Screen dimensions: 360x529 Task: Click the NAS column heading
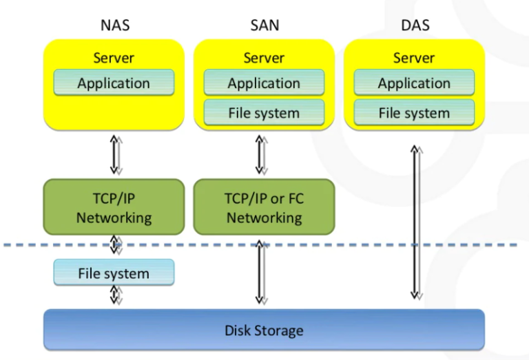[x=114, y=26]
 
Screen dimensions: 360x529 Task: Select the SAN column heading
[x=264, y=26]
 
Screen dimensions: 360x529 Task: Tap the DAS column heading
[x=414, y=26]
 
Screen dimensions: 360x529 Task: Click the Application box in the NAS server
[x=114, y=83]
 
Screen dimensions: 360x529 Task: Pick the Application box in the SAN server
[x=264, y=83]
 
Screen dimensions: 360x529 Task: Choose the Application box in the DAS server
[x=414, y=83]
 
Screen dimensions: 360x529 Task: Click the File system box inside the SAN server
[x=264, y=113]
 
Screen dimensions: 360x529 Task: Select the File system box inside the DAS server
[x=414, y=113]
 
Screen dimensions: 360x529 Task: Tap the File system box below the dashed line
[x=114, y=273]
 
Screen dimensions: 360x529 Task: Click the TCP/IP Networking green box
[x=114, y=208]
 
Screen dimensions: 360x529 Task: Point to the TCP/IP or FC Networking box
[x=264, y=208]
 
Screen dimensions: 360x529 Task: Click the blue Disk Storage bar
[x=264, y=330]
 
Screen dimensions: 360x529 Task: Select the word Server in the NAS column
[x=114, y=58]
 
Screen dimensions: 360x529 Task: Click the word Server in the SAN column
[x=264, y=58]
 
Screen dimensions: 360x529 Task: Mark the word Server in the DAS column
[x=414, y=58]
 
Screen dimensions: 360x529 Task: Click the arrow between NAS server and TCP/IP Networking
[x=115, y=155]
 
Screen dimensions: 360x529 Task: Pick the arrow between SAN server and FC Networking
[x=260, y=155]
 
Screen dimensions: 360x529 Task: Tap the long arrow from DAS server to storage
[x=415, y=220]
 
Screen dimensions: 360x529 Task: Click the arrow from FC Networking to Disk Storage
[x=260, y=272]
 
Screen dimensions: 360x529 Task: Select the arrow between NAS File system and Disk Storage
[x=115, y=295]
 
